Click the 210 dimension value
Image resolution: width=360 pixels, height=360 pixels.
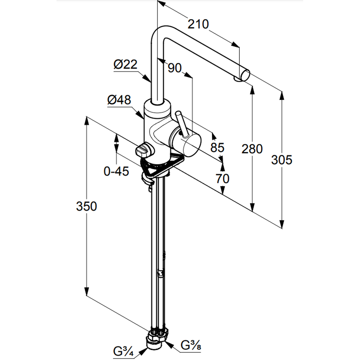point(198,24)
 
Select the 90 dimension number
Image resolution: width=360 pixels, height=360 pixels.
point(175,68)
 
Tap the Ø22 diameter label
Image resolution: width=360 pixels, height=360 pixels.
point(125,65)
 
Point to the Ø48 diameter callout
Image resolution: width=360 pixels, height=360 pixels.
point(119,100)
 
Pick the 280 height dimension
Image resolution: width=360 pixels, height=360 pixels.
point(252,148)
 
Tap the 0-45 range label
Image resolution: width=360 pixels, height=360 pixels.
point(116,172)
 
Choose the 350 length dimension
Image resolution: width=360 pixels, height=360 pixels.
point(86,206)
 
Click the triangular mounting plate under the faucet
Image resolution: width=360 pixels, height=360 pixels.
point(169,164)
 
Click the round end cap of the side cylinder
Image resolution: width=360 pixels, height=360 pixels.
point(189,143)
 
